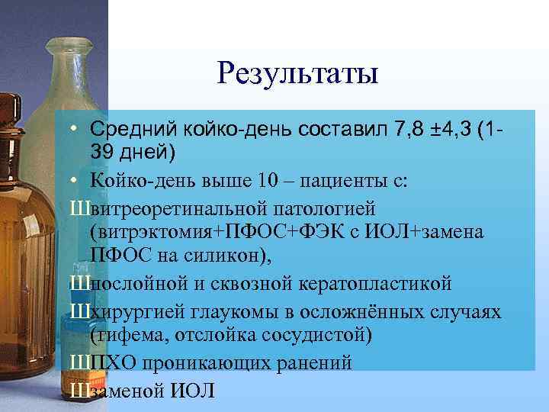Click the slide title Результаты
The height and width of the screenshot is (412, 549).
pos(297,74)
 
